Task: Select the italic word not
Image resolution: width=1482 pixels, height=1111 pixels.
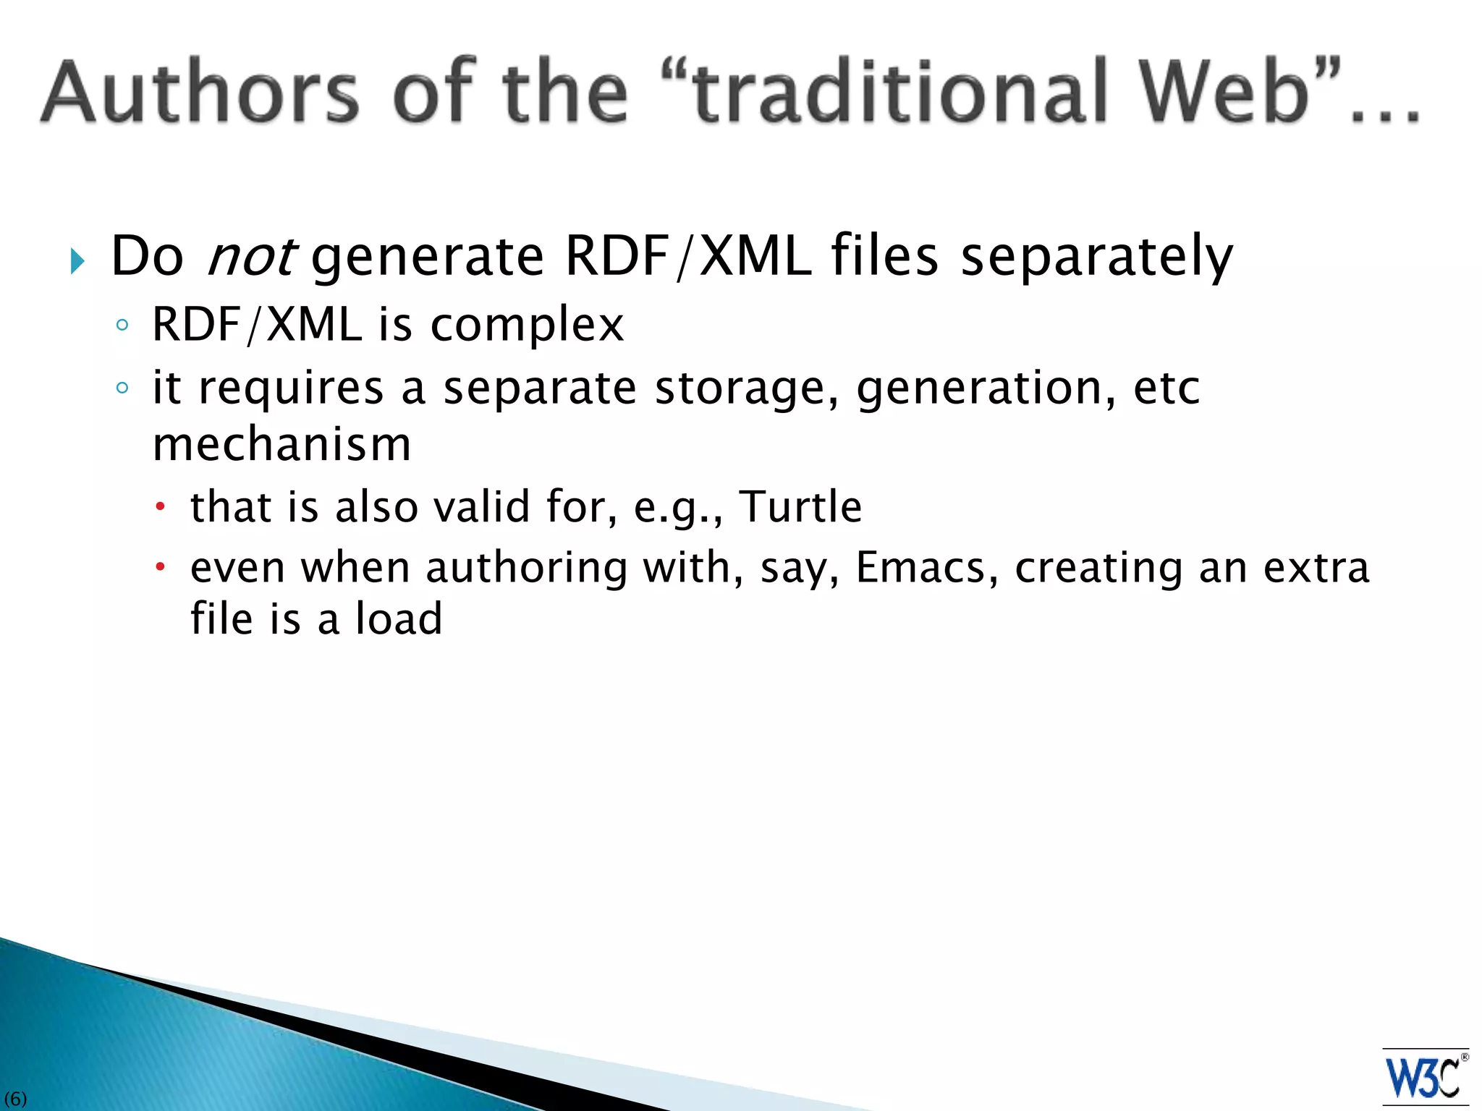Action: coord(250,256)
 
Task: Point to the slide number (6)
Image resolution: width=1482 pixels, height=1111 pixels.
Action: coord(15,1099)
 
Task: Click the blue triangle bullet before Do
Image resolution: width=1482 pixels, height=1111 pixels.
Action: coord(77,261)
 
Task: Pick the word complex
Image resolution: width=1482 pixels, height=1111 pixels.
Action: coord(527,325)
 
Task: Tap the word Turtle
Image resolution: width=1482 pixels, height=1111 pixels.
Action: coord(800,506)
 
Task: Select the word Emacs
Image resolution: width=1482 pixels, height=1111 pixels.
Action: coord(920,567)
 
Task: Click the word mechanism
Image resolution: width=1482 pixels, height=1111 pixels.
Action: coord(281,444)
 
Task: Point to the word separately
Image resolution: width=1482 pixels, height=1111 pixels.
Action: coord(1096,257)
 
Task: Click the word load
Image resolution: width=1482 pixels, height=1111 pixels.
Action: coord(399,619)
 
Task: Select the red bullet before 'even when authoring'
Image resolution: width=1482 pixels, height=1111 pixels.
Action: coord(161,566)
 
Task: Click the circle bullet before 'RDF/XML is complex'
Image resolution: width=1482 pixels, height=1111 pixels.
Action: coord(122,325)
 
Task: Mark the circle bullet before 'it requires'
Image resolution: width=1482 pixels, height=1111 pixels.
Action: coord(122,388)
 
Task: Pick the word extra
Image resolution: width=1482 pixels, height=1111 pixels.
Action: coord(1316,567)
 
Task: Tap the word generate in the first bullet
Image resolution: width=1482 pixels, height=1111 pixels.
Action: coord(428,257)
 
